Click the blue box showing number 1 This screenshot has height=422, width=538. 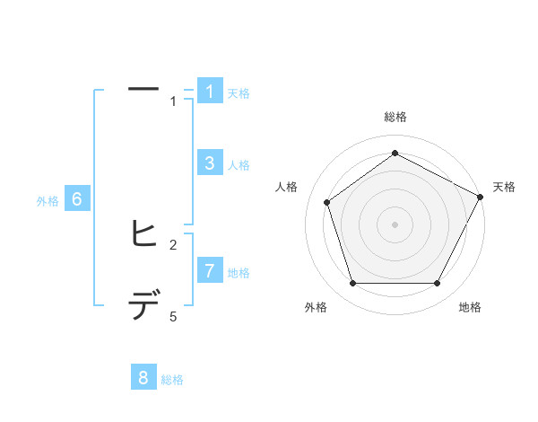click(209, 91)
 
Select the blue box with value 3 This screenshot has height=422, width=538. click(209, 163)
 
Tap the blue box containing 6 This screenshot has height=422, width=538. click(77, 199)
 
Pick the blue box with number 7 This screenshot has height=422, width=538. click(209, 269)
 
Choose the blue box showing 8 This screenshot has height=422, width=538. click(143, 377)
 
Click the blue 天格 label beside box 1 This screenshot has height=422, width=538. click(239, 92)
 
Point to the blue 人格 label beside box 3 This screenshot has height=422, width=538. click(239, 165)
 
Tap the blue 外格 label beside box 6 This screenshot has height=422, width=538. click(48, 202)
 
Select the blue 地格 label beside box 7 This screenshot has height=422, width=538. click(239, 272)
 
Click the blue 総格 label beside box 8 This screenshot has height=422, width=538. click(172, 380)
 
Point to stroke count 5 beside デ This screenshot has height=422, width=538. click(173, 317)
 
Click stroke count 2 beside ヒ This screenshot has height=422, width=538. click(173, 244)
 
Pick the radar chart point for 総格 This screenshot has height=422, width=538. click(395, 154)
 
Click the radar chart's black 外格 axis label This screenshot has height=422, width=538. click(316, 308)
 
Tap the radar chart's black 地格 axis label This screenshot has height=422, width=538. click(470, 308)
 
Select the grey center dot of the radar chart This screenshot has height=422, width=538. click(395, 224)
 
